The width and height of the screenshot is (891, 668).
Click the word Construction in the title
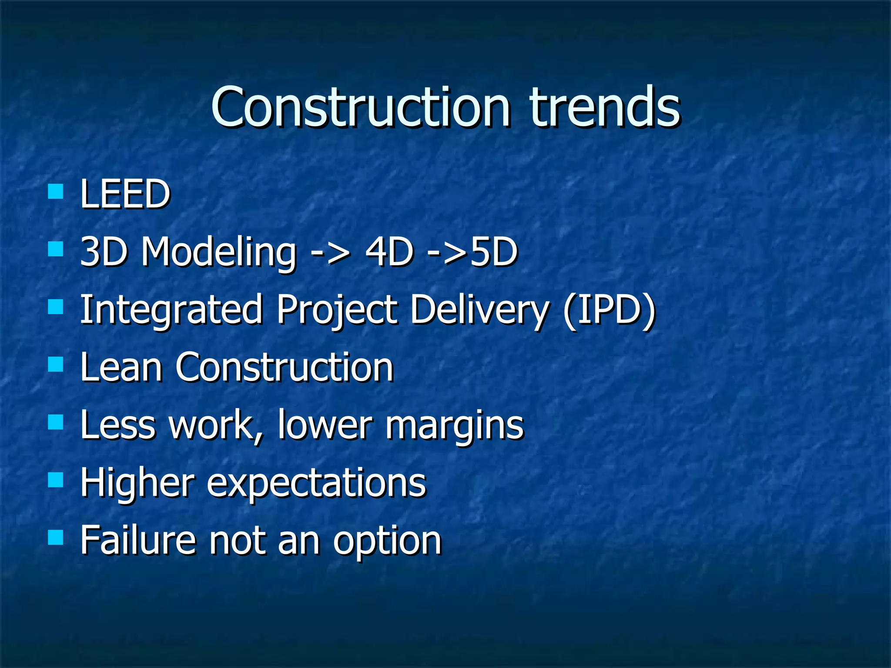[360, 107]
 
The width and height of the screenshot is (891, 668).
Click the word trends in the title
[604, 107]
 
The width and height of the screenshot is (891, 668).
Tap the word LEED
[125, 194]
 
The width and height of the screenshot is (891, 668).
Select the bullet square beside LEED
[56, 191]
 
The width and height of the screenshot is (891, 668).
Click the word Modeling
[218, 252]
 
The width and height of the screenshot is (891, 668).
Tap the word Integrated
[171, 310]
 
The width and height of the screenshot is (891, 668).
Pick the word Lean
[121, 367]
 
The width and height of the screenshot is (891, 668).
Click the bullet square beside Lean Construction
[56, 364]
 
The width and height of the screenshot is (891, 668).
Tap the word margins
[454, 426]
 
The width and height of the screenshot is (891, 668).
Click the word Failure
[138, 540]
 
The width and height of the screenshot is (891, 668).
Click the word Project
[336, 311]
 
